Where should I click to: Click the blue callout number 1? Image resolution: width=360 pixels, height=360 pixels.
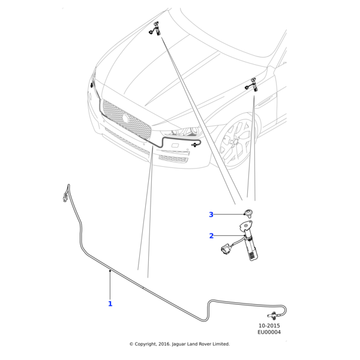point(110,304)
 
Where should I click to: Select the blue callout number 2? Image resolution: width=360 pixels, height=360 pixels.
point(211,236)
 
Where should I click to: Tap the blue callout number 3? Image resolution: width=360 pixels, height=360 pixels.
point(211,215)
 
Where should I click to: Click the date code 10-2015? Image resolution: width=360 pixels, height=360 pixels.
point(269,325)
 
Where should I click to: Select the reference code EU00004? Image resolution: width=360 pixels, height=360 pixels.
point(269,332)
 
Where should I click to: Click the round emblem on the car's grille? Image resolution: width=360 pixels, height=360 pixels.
point(126,118)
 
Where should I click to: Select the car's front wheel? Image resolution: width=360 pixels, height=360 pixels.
point(235,143)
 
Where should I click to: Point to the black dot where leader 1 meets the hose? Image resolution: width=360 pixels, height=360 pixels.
point(110,271)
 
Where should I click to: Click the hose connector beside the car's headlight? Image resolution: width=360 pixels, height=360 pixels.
point(196,145)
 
